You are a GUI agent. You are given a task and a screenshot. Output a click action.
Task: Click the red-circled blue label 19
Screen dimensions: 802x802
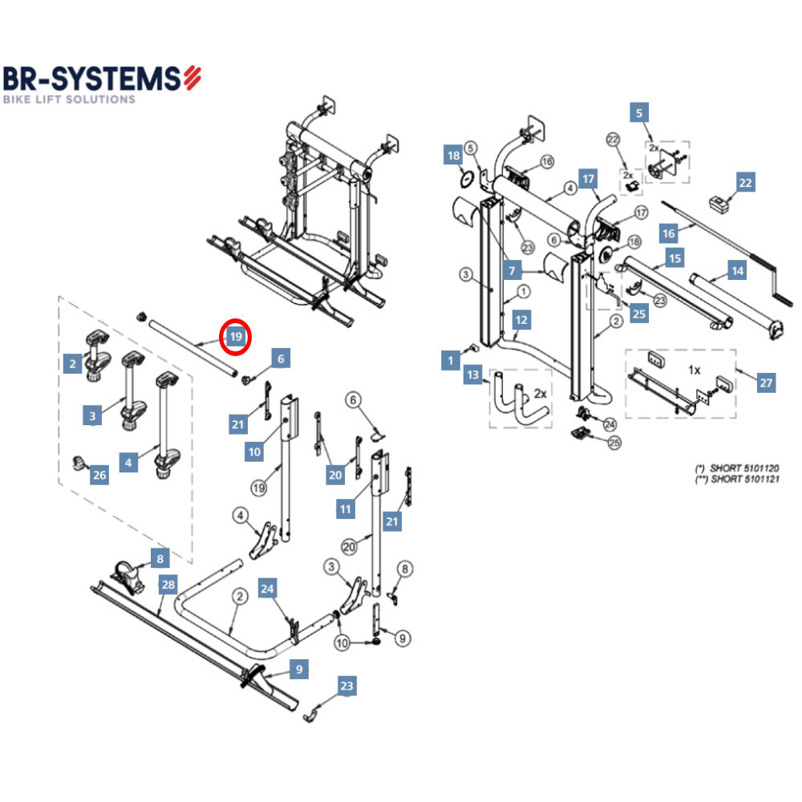(x=236, y=337)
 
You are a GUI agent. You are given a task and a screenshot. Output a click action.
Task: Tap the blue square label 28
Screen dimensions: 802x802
(x=168, y=585)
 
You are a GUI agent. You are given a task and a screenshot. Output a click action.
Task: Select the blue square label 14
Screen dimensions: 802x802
(x=737, y=270)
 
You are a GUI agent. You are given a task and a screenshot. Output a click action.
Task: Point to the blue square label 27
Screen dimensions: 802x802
(x=766, y=383)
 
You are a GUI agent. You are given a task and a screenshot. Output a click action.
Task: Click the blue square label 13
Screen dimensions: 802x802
(x=473, y=375)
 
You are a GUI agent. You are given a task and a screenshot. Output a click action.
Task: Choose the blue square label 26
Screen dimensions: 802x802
(x=99, y=476)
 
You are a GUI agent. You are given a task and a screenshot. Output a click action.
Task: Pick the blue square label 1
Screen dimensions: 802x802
(x=451, y=361)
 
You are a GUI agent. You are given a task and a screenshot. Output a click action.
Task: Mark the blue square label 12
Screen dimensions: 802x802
(x=522, y=320)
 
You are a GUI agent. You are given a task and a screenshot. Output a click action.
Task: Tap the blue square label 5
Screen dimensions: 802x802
(x=639, y=113)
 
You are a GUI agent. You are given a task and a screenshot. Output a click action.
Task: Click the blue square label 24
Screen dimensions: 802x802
(x=268, y=589)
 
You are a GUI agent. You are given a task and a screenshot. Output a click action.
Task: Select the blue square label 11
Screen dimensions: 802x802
(x=346, y=508)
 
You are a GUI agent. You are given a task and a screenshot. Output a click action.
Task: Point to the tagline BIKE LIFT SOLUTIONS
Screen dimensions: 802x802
(x=69, y=99)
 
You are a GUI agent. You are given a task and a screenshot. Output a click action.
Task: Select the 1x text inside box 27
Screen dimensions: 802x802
(x=695, y=371)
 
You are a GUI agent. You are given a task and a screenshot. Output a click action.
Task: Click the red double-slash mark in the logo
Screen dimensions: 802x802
(x=192, y=78)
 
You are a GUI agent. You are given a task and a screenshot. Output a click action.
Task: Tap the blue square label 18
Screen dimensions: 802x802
(x=454, y=156)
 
